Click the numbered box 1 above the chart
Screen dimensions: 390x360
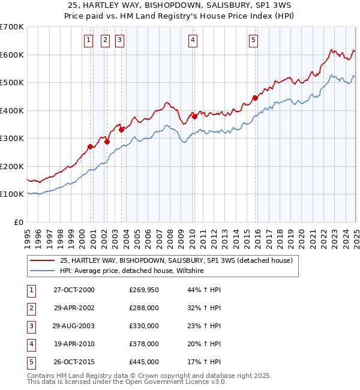88,40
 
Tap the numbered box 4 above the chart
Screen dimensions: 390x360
193,40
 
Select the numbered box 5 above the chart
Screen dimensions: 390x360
253,40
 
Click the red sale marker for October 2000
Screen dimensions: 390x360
90,146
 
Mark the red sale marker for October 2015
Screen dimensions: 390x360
254,98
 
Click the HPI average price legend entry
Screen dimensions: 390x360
132,271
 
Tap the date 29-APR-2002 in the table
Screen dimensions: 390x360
74,308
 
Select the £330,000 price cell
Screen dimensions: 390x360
144,326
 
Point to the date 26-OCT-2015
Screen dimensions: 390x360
74,362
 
